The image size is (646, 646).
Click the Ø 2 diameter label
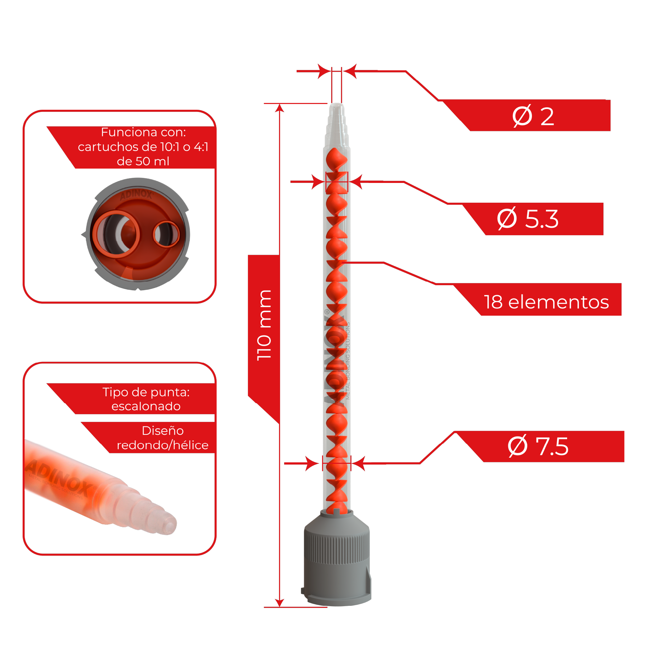point(533,116)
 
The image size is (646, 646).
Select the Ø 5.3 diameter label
point(528,219)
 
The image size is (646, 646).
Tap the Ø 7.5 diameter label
point(538,446)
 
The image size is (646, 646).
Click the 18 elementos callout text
point(546,302)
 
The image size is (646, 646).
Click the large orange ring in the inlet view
point(116,234)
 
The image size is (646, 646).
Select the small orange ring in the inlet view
point(166,234)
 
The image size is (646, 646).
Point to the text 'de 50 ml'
point(143,161)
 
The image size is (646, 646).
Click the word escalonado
point(146,406)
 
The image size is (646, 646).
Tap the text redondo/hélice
point(162,445)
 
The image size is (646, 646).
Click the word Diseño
point(163,430)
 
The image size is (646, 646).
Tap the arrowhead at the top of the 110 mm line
point(279,108)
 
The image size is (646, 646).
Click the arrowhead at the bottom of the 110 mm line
point(279,603)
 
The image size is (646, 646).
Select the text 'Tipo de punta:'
point(146,392)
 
